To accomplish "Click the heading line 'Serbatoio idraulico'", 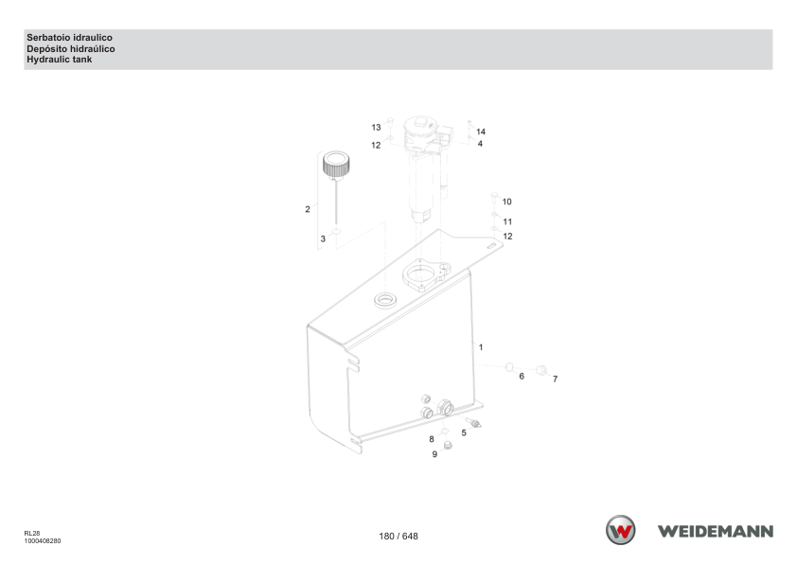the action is coord(70,38).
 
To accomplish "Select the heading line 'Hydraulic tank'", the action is coord(60,60).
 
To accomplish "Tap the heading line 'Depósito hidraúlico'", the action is coord(71,49).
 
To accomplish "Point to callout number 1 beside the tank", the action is coord(481,347).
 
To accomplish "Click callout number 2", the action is coord(308,209).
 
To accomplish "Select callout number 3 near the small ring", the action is coord(323,238).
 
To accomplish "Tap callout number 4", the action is coord(480,144).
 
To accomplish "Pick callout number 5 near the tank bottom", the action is coord(464,432).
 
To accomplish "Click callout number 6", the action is coord(522,377).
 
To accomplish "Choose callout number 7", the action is coord(555,379).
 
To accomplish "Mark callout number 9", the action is coord(434,454).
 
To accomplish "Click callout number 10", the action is coord(506,202).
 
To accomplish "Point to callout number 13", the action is coord(376,128).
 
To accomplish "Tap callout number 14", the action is coord(481,132).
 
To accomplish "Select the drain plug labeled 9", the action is coord(448,446).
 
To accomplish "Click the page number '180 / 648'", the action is coord(398,536).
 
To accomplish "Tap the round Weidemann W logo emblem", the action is coord(621,530).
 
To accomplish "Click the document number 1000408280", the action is coord(43,541).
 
